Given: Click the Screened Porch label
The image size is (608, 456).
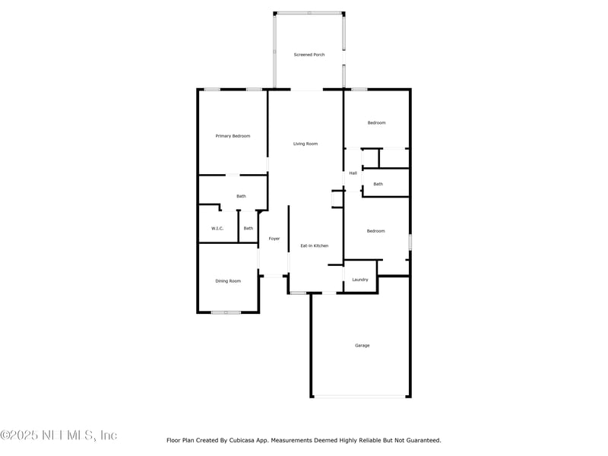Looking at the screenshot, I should click(309, 55).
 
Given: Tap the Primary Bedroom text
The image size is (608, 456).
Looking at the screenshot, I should click(233, 136).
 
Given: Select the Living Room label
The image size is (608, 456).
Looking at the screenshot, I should click(306, 144).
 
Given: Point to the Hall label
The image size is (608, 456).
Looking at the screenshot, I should click(353, 173).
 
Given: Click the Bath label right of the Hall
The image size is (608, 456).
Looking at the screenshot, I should click(378, 184).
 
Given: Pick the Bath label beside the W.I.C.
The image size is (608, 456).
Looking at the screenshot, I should click(249, 228).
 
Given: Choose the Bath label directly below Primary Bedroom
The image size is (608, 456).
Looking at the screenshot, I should click(241, 196).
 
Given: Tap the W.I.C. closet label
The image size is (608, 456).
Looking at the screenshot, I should click(217, 228).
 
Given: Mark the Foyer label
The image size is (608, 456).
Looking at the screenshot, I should click(274, 239).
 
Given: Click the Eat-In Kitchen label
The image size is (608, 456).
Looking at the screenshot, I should click(315, 245).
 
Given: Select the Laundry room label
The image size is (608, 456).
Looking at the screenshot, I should click(360, 280).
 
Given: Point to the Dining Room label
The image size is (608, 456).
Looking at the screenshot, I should click(228, 281).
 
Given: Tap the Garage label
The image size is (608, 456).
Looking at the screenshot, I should click(363, 346).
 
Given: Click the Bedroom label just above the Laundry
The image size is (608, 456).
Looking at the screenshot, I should click(376, 231).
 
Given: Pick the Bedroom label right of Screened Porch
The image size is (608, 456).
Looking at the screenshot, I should click(377, 122).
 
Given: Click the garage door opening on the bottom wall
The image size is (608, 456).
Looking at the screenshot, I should click(361, 396).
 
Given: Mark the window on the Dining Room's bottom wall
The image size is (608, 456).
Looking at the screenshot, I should click(226, 312).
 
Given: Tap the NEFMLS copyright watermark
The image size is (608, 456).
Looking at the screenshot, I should click(59, 435).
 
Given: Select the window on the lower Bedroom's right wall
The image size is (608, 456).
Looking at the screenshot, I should click(410, 242).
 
